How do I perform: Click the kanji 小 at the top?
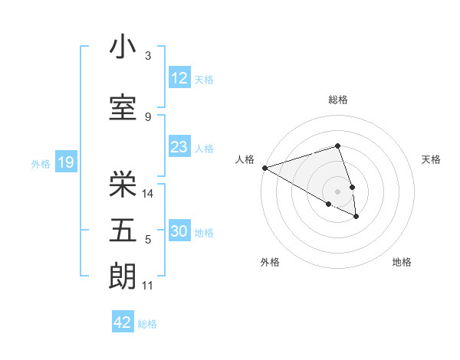(123, 47)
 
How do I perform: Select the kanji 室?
(123, 108)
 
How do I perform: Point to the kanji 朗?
(123, 277)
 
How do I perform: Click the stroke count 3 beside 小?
(148, 56)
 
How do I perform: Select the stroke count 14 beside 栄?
(149, 194)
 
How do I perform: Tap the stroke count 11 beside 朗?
(148, 286)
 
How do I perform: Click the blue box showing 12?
(179, 79)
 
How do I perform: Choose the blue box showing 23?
(179, 148)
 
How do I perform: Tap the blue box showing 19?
(65, 162)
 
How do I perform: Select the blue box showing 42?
(123, 322)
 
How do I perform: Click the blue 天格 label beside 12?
(204, 80)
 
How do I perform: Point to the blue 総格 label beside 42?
(147, 324)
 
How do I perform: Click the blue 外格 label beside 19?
(41, 163)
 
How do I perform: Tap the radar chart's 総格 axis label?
(337, 100)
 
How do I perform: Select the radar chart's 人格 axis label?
(245, 159)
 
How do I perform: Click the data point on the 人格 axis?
(264, 168)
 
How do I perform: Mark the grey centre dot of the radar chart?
(337, 191)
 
